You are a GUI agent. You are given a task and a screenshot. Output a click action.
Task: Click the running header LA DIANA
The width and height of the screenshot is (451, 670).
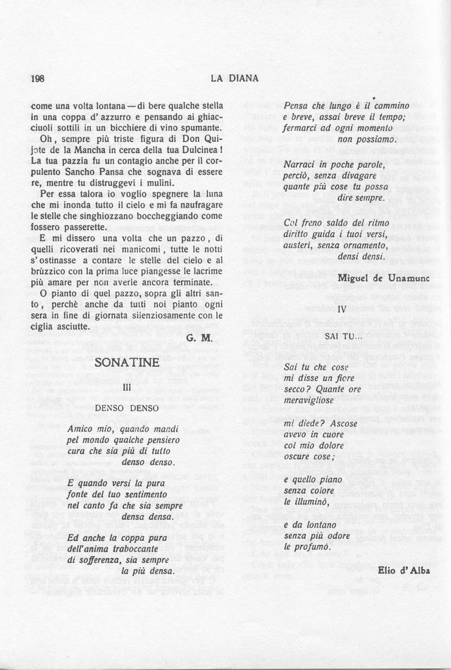click(x=235, y=78)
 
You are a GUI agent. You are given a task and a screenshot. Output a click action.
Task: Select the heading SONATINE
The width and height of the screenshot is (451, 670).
click(x=128, y=363)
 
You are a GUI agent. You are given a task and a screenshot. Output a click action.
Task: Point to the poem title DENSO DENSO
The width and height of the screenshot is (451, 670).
click(x=128, y=408)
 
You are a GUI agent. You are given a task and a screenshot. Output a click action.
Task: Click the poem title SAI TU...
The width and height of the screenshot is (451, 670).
click(x=342, y=336)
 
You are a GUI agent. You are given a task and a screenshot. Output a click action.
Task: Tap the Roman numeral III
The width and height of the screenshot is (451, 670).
click(x=128, y=387)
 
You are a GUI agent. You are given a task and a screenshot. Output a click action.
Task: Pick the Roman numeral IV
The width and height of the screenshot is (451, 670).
click(x=342, y=309)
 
